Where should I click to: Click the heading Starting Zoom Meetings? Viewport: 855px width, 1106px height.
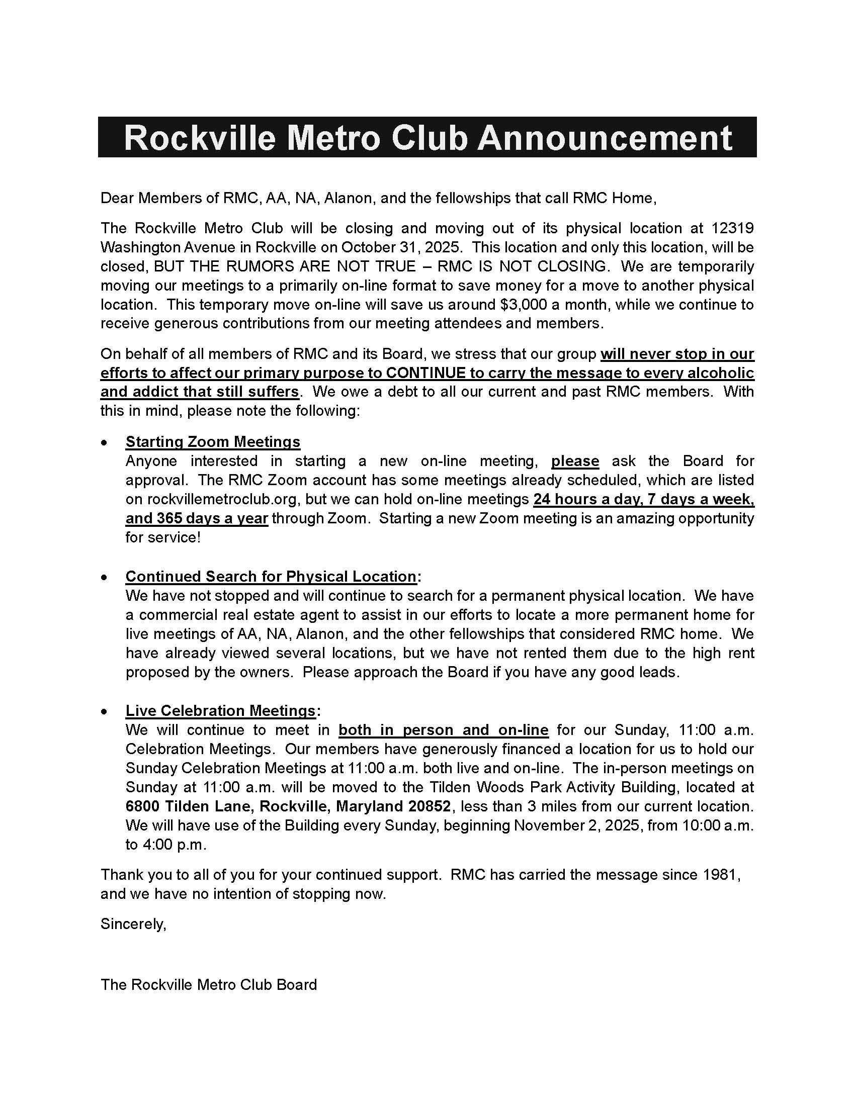pyautogui.click(x=213, y=441)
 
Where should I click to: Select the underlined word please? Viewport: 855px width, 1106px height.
pyautogui.click(x=575, y=461)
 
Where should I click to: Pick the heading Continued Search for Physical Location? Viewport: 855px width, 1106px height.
pyautogui.click(x=271, y=576)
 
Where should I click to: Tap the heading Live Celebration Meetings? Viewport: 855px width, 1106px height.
pyautogui.click(x=221, y=710)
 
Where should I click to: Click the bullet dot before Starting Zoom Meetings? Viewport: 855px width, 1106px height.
pyautogui.click(x=104, y=442)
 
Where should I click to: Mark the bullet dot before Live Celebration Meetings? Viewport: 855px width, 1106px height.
pyautogui.click(x=104, y=711)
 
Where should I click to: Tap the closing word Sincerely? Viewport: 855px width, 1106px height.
pyautogui.click(x=133, y=924)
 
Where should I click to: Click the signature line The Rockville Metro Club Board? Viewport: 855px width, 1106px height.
pyautogui.click(x=209, y=984)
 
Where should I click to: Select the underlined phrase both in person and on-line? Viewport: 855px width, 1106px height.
pyautogui.click(x=443, y=730)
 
